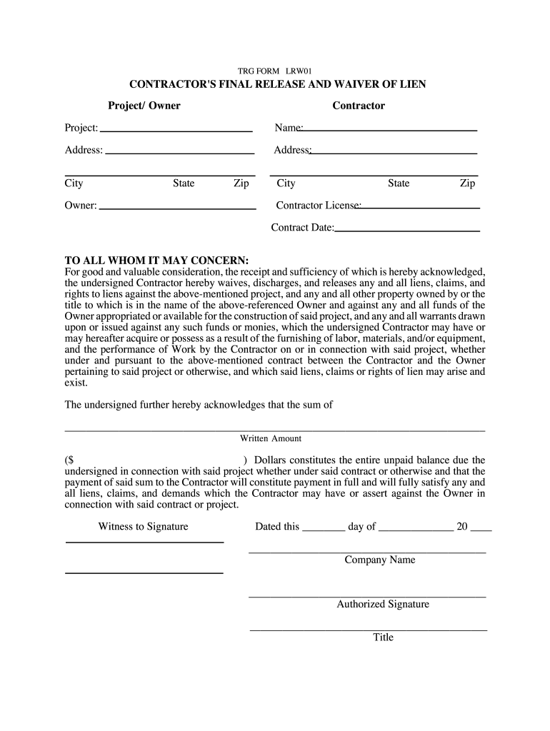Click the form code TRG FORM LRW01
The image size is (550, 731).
click(275, 71)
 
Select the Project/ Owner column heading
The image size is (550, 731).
click(144, 106)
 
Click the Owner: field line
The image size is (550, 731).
click(177, 207)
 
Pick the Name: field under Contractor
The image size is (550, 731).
click(390, 129)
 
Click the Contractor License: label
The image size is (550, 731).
click(319, 206)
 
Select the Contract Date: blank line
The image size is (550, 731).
click(407, 230)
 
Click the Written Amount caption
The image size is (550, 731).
click(271, 438)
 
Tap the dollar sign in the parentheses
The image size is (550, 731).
click(71, 460)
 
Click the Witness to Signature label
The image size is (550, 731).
click(144, 527)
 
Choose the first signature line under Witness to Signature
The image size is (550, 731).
click(144, 542)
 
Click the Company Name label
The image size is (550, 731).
click(379, 560)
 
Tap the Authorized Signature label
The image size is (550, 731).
click(383, 604)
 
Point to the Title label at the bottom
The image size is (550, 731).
click(383, 637)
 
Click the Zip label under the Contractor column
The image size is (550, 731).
click(467, 183)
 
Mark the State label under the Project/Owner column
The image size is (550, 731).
click(184, 183)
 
